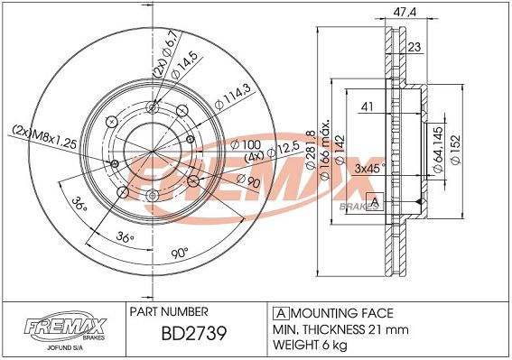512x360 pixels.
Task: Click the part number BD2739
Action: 194,334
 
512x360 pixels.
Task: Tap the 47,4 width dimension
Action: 405,12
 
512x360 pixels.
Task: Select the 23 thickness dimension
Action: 414,47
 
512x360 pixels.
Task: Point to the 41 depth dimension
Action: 367,106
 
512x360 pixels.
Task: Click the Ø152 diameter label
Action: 455,150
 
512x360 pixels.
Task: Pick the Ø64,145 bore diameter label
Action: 438,150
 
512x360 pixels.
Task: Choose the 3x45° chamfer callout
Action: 369,169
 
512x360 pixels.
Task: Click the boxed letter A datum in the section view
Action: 375,202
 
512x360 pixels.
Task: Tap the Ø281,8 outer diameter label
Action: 311,149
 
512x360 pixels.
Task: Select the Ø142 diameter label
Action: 340,150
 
